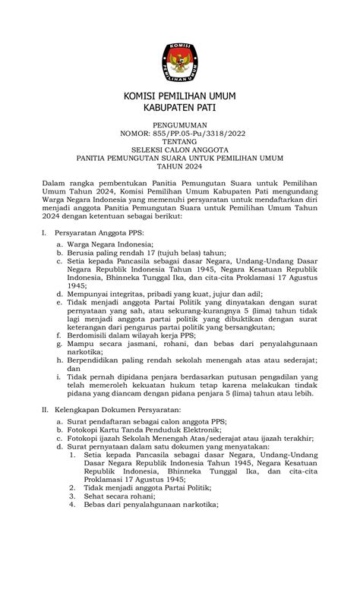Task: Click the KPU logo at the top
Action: pyautogui.click(x=180, y=60)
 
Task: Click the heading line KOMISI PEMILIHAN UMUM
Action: pyautogui.click(x=180, y=96)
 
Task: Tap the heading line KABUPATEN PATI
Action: pyautogui.click(x=180, y=109)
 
